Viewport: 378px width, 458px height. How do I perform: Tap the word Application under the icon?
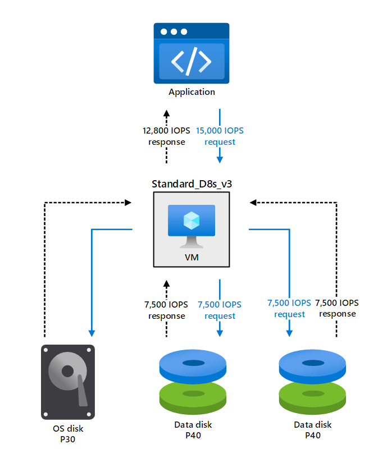point(192,91)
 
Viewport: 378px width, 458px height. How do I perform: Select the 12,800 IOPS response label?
point(167,136)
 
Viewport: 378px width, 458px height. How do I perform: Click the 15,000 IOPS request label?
point(220,136)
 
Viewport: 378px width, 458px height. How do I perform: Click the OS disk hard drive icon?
point(68,382)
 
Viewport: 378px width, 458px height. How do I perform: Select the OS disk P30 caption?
point(68,434)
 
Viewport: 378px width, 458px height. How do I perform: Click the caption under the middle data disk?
point(193,429)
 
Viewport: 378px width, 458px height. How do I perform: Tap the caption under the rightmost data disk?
point(313,429)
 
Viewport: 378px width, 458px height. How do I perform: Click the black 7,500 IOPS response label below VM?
point(166,310)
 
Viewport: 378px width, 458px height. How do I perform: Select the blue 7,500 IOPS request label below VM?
point(220,310)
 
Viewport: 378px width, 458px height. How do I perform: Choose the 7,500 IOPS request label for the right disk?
point(289,308)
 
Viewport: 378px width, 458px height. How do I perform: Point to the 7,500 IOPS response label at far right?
point(337,308)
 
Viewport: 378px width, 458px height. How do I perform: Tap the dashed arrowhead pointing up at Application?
point(167,111)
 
